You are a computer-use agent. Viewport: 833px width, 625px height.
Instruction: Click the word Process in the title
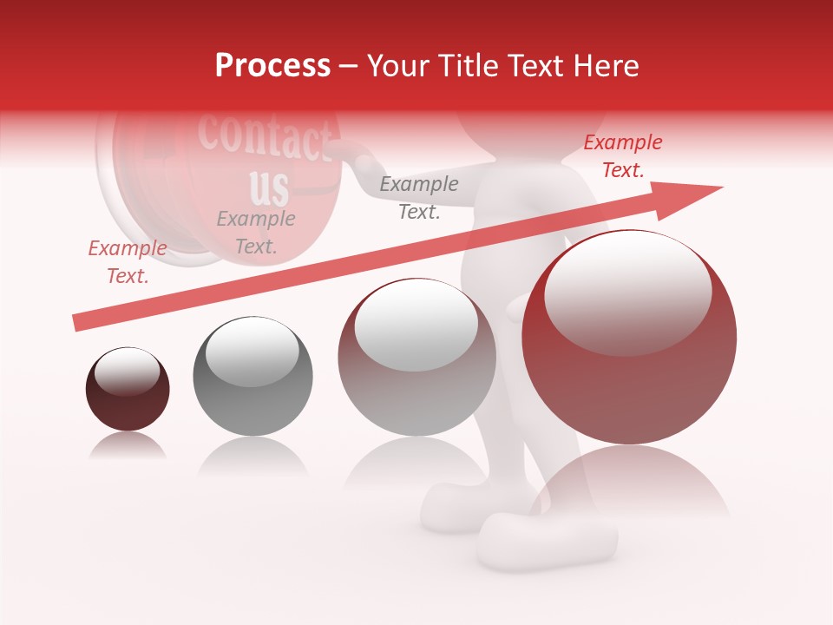click(272, 66)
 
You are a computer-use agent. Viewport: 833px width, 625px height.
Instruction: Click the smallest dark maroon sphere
click(128, 390)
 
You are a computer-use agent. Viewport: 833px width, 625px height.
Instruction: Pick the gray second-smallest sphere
click(253, 376)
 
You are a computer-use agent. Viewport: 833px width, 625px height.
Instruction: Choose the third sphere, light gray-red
click(416, 358)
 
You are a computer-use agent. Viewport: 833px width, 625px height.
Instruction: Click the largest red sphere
click(629, 338)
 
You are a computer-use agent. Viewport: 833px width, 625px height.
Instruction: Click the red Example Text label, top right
click(622, 156)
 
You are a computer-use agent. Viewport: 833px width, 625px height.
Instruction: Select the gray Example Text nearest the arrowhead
click(419, 197)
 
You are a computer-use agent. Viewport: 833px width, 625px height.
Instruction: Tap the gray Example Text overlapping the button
click(255, 232)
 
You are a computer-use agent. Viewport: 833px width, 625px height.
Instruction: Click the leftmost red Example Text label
click(128, 261)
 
